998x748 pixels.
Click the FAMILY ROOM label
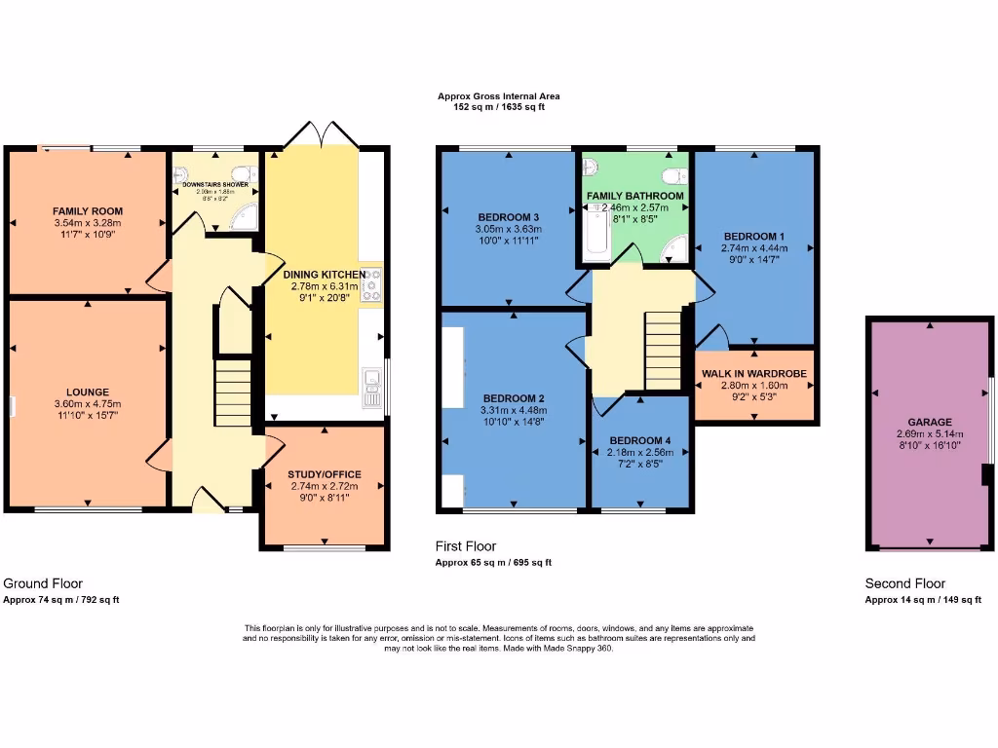[88, 210]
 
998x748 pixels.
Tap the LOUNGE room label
[88, 393]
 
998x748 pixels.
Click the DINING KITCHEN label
[325, 275]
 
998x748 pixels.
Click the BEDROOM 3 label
[509, 216]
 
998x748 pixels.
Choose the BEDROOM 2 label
[514, 397]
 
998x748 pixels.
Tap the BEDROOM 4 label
[638, 440]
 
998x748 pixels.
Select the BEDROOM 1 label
[754, 236]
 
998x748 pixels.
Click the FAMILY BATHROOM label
[635, 196]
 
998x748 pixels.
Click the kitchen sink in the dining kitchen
[370, 386]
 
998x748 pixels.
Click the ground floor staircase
[233, 391]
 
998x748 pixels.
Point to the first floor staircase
[664, 347]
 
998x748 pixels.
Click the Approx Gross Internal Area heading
[498, 96]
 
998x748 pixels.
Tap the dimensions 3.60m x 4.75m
[88, 404]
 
